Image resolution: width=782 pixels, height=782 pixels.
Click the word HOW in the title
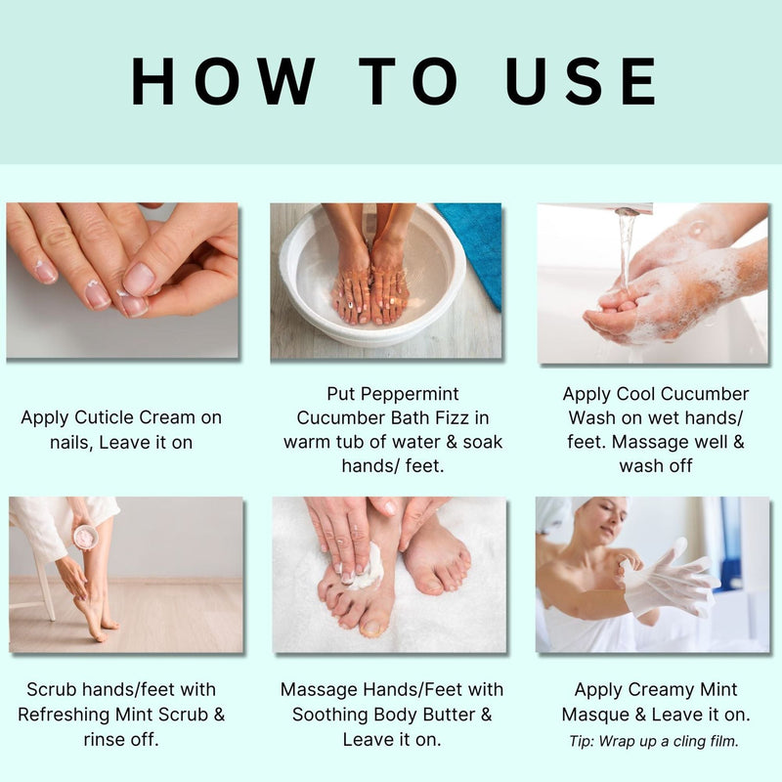click(x=224, y=82)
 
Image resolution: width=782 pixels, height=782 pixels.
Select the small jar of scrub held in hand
click(x=85, y=536)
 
